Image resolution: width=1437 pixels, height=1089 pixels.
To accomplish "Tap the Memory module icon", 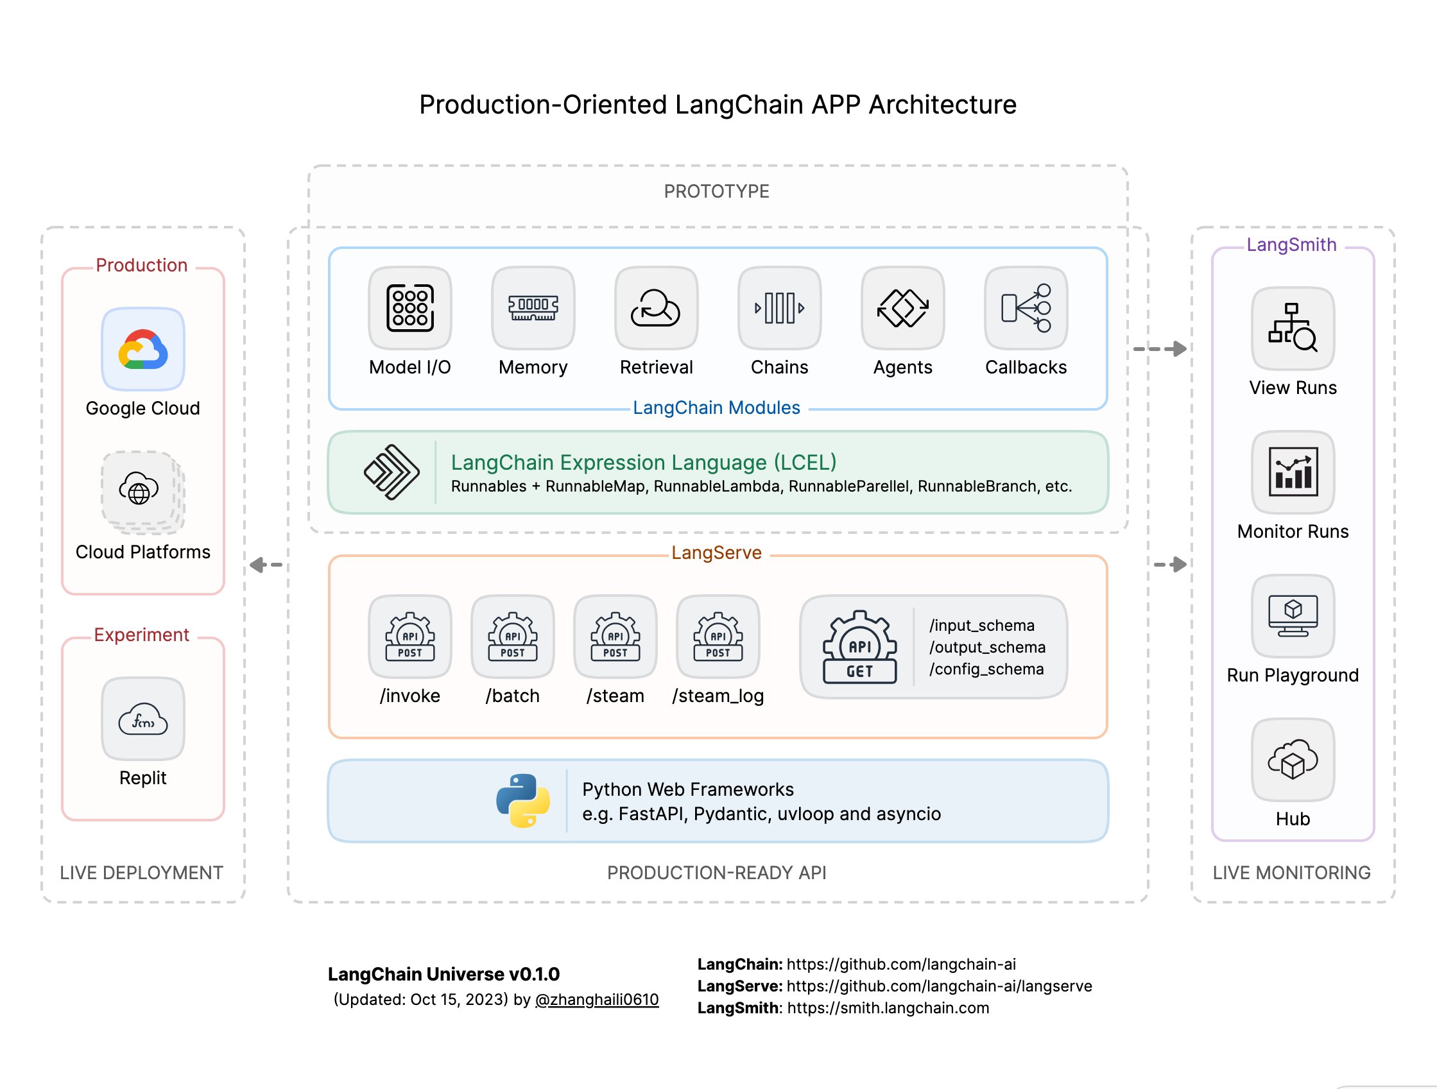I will pos(533,308).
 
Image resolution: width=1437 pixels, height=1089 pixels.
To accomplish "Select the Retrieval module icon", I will pos(656,308).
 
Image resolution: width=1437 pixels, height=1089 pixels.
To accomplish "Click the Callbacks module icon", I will pos(1026,308).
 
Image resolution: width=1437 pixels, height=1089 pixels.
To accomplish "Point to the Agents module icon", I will pos(902,308).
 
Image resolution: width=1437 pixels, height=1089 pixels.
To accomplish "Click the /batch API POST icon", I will pos(513,637).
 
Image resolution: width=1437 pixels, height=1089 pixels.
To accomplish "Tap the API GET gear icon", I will pos(859,647).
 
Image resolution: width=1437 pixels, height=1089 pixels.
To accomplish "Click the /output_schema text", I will pos(987,647).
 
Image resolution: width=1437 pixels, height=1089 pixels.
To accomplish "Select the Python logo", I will pos(523,800).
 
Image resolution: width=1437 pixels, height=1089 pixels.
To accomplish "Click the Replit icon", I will pos(143,719).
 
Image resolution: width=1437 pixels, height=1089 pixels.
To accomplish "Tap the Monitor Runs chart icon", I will pos(1293,472).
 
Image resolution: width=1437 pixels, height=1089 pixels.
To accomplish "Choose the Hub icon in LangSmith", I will pos(1293,759).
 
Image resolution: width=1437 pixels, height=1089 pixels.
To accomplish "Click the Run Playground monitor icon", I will pos(1293,615).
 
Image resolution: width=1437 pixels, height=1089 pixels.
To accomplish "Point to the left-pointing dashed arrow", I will pos(266,565).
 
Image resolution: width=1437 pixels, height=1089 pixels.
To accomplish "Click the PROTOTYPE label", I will pos(716,192).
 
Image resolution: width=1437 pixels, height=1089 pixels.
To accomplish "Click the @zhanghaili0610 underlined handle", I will pos(596,999).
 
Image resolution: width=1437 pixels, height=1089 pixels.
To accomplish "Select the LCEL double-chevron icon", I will pos(391,472).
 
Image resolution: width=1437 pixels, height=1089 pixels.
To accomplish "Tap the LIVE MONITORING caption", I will pos(1291,873).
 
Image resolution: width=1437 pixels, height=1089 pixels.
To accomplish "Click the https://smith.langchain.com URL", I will pos(888,1008).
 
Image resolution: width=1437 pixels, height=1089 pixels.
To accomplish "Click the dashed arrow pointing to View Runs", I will pos(1160,349).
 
